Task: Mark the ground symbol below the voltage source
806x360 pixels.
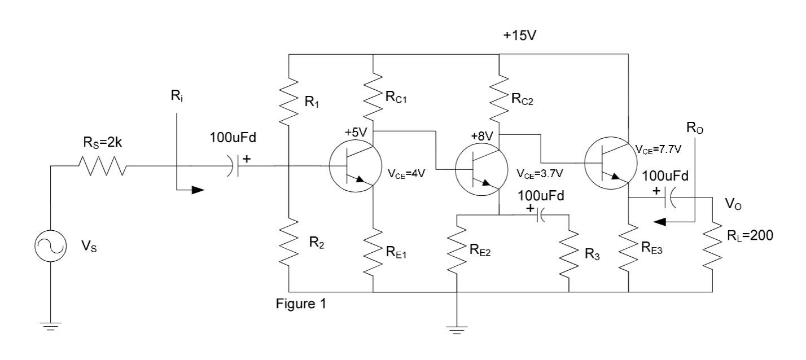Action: (51, 326)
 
